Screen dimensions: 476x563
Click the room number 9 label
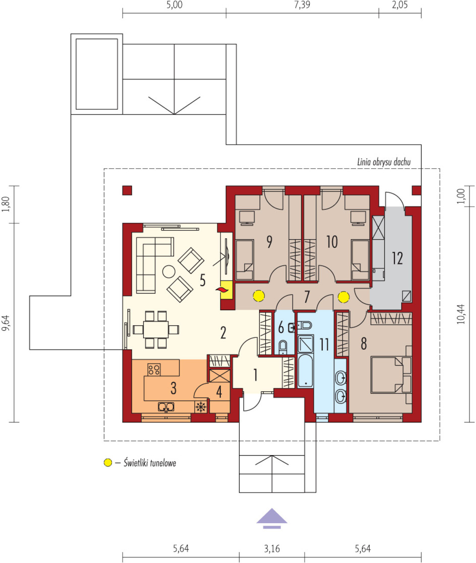(x=269, y=242)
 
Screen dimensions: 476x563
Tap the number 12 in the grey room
(x=397, y=258)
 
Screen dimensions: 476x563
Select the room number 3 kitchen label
(x=173, y=388)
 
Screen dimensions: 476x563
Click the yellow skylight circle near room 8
(x=344, y=297)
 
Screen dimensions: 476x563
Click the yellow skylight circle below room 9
(x=259, y=296)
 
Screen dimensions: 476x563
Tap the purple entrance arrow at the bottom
(x=272, y=519)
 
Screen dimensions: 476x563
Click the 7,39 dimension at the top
(x=302, y=5)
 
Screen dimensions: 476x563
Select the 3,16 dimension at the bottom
(x=272, y=548)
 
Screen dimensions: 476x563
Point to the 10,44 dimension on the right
(x=461, y=314)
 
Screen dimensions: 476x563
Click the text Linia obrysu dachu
(x=384, y=162)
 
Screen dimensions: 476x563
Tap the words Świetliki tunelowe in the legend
(x=150, y=462)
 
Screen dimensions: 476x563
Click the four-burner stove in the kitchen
(x=154, y=370)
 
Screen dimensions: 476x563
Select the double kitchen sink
(x=166, y=407)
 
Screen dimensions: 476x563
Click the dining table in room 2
(x=156, y=330)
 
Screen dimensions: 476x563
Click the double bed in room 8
(x=391, y=375)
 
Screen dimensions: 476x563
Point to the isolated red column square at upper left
(x=127, y=190)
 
